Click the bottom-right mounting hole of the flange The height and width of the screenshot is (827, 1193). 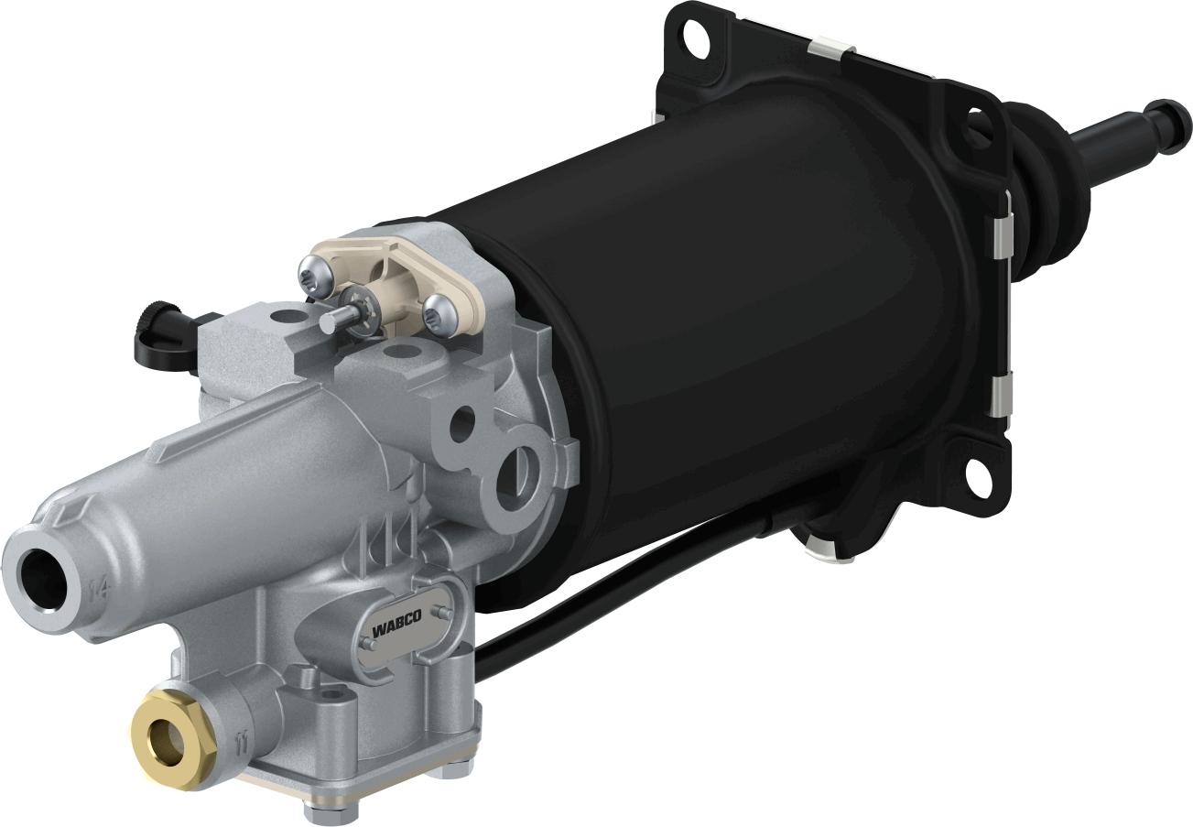point(979,473)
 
